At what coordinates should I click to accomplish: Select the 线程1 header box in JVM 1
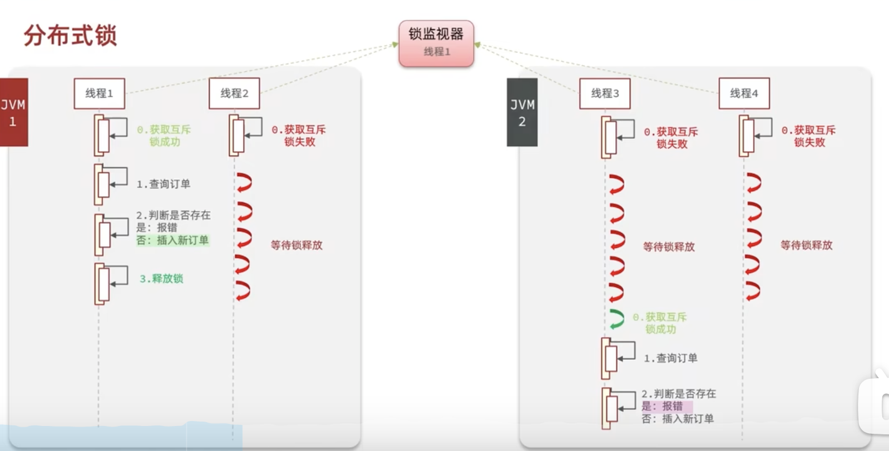[x=99, y=93]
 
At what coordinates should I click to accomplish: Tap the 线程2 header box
[x=234, y=93]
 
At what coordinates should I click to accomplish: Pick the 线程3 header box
[x=605, y=93]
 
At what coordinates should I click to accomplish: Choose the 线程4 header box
[x=744, y=93]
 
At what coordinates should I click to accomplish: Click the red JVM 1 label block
[x=13, y=112]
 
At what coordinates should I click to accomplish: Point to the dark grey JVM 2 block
[x=522, y=112]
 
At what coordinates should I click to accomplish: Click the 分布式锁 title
[x=70, y=36]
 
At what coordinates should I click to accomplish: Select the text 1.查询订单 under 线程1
[x=164, y=184]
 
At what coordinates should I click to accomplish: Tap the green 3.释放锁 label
[x=161, y=278]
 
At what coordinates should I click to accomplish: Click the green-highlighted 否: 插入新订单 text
[x=172, y=240]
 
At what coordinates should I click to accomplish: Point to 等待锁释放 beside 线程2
[x=297, y=245]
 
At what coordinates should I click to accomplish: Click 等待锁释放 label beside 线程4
[x=806, y=245]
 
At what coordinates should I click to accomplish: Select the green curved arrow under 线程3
[x=616, y=319]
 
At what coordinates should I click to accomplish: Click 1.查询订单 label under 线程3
[x=670, y=358]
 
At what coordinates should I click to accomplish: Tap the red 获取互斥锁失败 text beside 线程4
[x=809, y=136]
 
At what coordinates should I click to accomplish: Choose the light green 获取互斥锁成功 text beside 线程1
[x=164, y=136]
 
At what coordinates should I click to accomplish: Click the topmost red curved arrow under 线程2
[x=244, y=182]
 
